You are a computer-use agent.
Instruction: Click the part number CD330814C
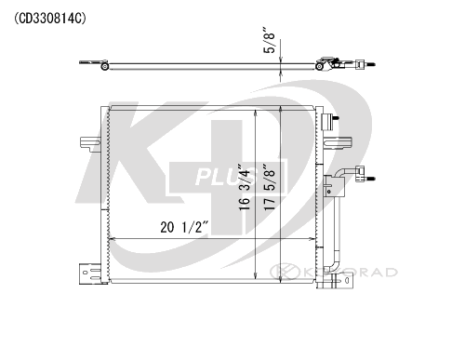(x=50, y=19)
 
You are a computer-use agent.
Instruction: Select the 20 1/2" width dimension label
(x=184, y=227)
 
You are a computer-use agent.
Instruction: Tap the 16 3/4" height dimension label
(x=244, y=187)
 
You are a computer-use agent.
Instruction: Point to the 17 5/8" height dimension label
(x=269, y=187)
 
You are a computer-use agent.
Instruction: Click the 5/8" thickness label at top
(x=269, y=41)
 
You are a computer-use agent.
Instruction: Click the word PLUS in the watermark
(x=227, y=177)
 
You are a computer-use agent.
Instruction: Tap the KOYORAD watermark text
(x=334, y=273)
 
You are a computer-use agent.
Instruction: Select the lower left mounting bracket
(x=90, y=273)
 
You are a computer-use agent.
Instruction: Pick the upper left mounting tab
(x=90, y=143)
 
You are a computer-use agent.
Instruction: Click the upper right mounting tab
(x=338, y=143)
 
